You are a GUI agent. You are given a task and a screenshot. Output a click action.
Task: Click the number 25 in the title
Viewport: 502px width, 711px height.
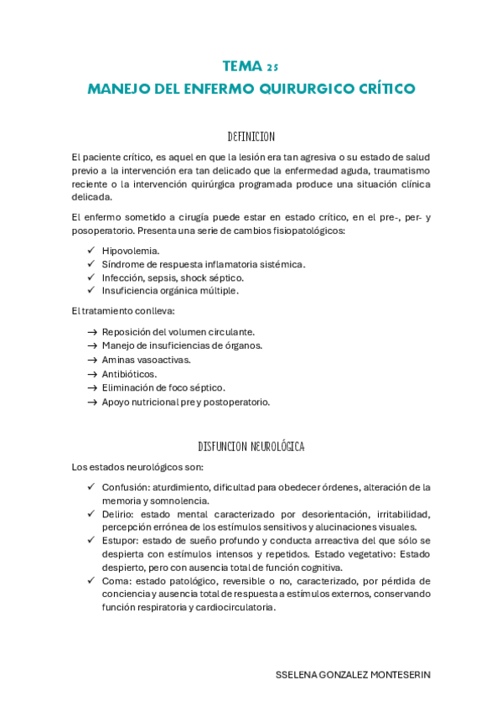coord(272,66)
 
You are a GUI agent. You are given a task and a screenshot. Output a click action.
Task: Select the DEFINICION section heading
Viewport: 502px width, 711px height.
coord(251,136)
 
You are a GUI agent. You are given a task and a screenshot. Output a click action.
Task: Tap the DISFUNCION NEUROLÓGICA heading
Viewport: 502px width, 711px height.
coord(251,447)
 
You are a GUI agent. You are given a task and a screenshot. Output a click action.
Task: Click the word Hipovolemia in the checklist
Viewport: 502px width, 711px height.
coord(130,251)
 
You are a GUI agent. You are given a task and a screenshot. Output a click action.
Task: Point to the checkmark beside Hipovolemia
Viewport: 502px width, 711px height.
coord(91,251)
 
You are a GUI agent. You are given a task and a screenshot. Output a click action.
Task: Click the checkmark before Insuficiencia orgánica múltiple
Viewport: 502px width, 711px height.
coord(91,290)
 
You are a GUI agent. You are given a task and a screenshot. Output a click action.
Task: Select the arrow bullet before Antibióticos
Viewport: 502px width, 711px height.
coord(91,374)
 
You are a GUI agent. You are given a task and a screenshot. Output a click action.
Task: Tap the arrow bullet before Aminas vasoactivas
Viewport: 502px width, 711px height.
coord(91,360)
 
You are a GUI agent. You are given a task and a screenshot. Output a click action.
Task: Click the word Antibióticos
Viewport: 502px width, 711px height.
coord(129,374)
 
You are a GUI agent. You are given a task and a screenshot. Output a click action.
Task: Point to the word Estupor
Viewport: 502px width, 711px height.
coord(121,541)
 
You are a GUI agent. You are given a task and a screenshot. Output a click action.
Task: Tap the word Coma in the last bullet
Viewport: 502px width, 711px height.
coord(116,580)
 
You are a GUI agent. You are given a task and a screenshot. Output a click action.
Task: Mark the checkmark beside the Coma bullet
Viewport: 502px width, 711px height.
coord(91,580)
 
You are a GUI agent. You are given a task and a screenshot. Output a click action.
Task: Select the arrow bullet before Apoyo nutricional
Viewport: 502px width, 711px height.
coord(91,402)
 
